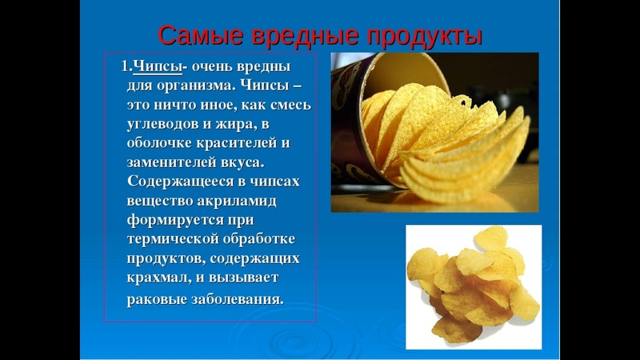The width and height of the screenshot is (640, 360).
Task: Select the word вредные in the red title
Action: coord(305,36)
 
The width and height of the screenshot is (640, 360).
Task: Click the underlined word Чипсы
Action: coord(158,66)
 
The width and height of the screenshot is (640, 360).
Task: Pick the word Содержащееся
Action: coord(180,182)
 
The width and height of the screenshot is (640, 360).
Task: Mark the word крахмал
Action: coord(158,278)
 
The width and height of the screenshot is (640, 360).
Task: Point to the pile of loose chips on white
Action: coord(474,285)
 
